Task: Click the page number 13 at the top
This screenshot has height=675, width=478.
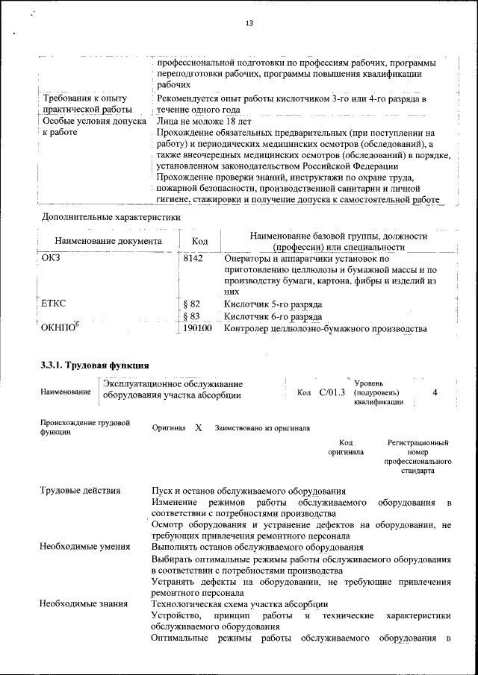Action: (x=249, y=24)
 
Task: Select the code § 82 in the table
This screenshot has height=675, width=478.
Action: (x=192, y=304)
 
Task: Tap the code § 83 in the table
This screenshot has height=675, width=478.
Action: (x=192, y=316)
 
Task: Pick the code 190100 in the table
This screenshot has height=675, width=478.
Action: (x=197, y=328)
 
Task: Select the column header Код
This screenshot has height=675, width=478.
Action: (x=199, y=241)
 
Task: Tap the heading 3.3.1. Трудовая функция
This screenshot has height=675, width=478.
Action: (x=95, y=365)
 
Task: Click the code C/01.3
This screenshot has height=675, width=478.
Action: (x=332, y=392)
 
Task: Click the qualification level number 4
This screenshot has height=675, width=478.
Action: (x=435, y=392)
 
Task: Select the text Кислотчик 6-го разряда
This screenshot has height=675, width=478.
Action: (x=273, y=316)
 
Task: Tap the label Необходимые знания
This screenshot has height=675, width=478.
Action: (x=83, y=603)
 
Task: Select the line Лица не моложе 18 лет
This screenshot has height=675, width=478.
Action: (x=204, y=121)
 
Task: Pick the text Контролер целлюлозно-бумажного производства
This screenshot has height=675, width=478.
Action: (x=325, y=328)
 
